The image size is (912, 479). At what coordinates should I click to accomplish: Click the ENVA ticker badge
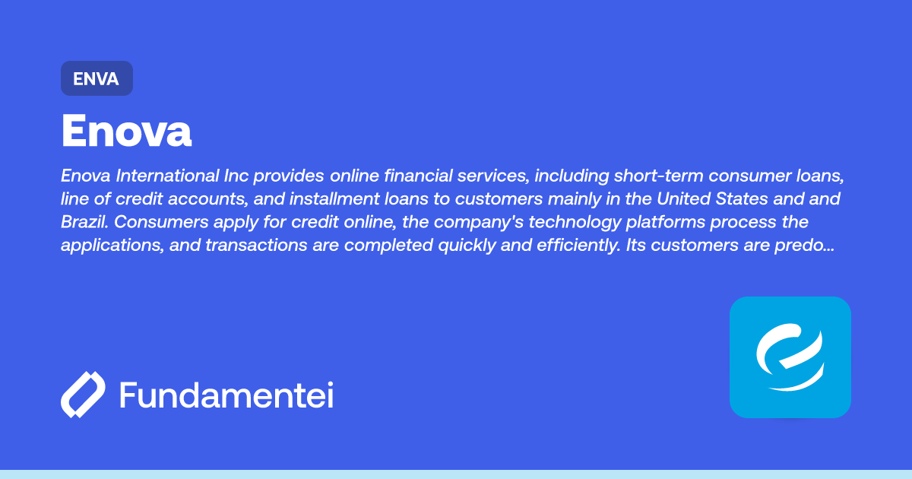[97, 78]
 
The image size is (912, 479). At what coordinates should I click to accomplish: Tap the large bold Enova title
[126, 132]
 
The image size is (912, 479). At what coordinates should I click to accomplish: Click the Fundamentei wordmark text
[226, 395]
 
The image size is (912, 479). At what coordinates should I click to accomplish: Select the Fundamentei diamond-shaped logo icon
[83, 395]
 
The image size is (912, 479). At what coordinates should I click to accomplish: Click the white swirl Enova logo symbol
[790, 357]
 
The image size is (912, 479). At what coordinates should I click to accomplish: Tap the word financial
[416, 176]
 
